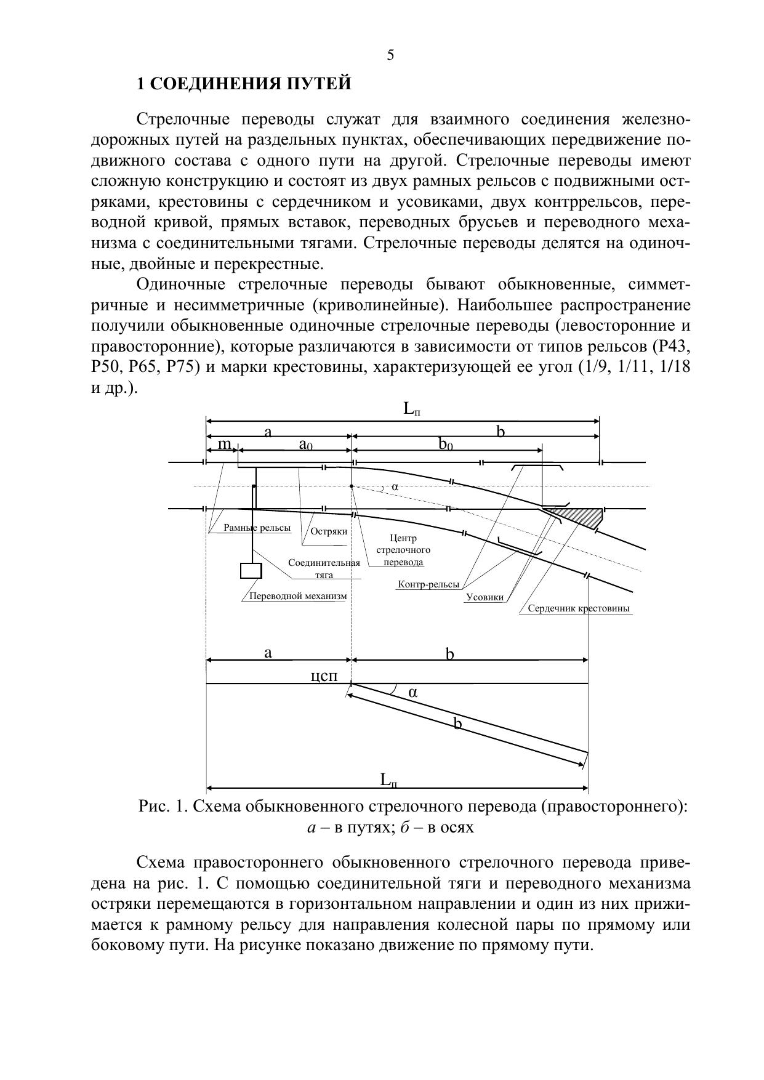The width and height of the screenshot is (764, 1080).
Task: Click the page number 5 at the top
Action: pyautogui.click(x=390, y=55)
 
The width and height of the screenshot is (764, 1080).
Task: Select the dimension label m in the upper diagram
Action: pyautogui.click(x=225, y=444)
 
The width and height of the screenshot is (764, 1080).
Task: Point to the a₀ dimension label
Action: pyautogui.click(x=305, y=445)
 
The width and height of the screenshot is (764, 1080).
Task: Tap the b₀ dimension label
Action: pyautogui.click(x=446, y=445)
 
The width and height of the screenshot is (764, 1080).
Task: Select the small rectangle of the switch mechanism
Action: pyautogui.click(x=251, y=571)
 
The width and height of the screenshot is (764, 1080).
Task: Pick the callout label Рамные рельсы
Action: pyautogui.click(x=257, y=528)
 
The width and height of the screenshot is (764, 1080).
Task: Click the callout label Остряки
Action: pyautogui.click(x=329, y=531)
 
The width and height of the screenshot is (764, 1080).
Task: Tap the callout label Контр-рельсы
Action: pyautogui.click(x=428, y=584)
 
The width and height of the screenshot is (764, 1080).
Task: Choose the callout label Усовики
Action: pyautogui.click(x=485, y=597)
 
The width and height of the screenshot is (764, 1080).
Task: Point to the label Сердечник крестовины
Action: pyautogui.click(x=579, y=609)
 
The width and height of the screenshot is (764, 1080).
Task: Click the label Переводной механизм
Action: pyautogui.click(x=297, y=596)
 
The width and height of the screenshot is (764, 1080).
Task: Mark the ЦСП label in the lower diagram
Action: pyautogui.click(x=324, y=676)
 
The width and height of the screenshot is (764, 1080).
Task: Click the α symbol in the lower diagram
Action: pyautogui.click(x=413, y=692)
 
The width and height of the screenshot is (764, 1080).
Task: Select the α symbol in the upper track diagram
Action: pyautogui.click(x=395, y=486)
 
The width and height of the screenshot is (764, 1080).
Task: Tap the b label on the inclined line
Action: pyautogui.click(x=457, y=724)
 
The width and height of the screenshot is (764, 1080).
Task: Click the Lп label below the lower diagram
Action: pyautogui.click(x=388, y=780)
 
